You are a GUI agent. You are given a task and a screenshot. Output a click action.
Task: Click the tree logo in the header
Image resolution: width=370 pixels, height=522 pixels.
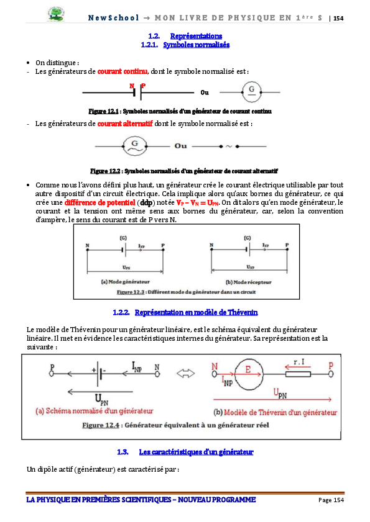[x=55, y=14]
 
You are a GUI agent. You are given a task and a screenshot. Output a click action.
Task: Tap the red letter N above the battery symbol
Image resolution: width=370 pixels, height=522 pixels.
[x=132, y=85]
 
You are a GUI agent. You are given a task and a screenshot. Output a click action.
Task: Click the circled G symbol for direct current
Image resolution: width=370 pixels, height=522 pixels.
[x=251, y=92]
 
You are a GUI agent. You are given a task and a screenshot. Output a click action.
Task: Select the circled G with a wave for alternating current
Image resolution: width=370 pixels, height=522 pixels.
[x=133, y=146]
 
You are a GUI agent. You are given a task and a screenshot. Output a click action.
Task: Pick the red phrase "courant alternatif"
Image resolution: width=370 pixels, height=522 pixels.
[x=125, y=124]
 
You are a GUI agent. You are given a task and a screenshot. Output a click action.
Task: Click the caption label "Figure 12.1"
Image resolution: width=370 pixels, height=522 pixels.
[x=104, y=111]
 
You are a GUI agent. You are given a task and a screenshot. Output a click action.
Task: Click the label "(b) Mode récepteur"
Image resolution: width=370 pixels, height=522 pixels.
[x=246, y=281]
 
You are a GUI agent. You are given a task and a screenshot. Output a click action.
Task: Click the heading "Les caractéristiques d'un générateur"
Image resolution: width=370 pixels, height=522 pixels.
[x=197, y=451]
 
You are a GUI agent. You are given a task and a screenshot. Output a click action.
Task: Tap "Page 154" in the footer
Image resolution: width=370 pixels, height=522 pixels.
[x=331, y=500]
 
